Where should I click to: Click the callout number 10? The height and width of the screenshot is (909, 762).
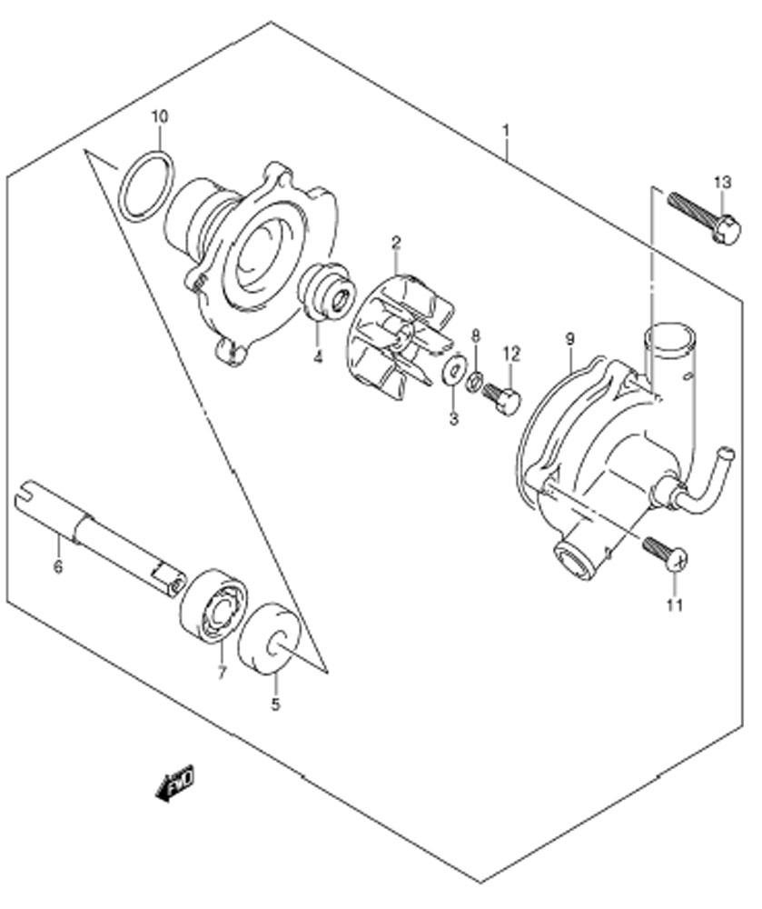click(x=160, y=116)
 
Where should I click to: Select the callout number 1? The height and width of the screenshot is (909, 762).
click(x=506, y=131)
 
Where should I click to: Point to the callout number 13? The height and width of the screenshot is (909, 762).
click(x=723, y=183)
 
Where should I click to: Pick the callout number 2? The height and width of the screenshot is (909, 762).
click(x=396, y=242)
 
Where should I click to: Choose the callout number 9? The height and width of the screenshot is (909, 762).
click(x=569, y=339)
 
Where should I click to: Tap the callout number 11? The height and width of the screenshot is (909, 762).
click(x=675, y=605)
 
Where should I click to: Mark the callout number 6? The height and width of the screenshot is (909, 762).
click(x=58, y=566)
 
